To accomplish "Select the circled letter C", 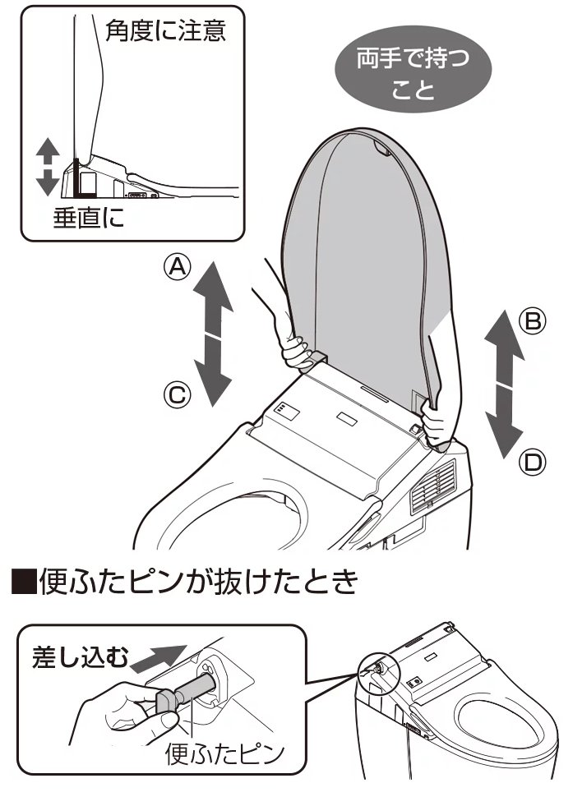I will click(177, 394).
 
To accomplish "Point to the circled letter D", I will click(533, 462).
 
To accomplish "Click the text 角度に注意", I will click(165, 30).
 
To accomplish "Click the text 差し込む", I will click(78, 656).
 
